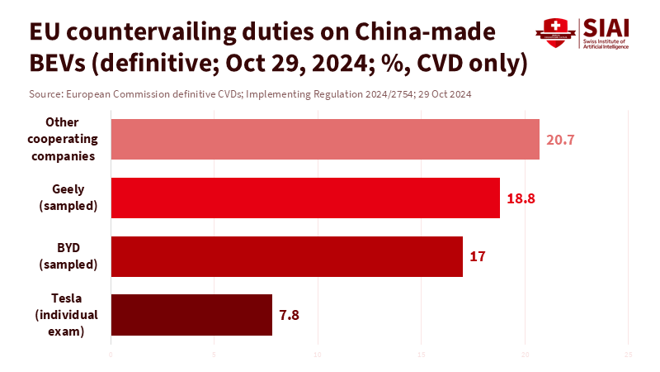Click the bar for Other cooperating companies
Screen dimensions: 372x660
coord(324,139)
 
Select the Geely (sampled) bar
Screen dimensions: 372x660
coord(305,198)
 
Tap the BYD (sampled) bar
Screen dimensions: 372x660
coord(286,256)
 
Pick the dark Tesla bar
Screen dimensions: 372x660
coord(191,315)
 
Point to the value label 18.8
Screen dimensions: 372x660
coord(520,198)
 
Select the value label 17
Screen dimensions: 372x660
coord(477,256)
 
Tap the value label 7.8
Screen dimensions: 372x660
coord(289,315)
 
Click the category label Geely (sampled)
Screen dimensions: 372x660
coord(68,198)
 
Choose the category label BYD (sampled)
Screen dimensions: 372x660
coord(68,256)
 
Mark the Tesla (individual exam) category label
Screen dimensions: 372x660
coord(67,315)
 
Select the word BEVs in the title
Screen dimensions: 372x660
coord(60,63)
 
